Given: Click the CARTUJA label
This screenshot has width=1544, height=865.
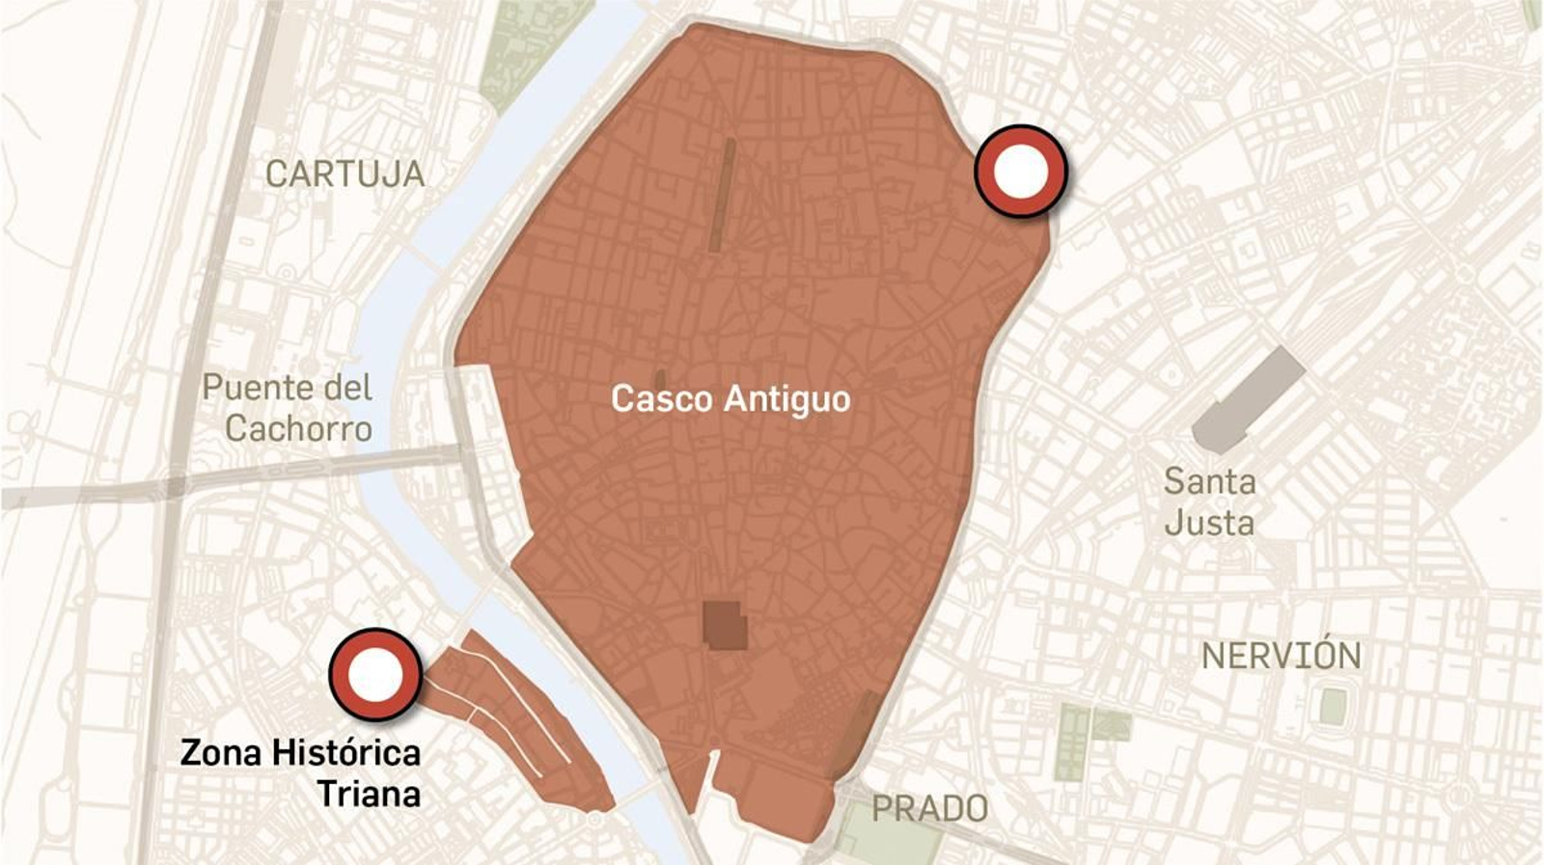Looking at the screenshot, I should (345, 175).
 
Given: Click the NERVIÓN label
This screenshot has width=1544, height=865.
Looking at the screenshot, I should (1281, 657).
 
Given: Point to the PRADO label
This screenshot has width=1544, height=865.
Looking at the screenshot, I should (929, 809).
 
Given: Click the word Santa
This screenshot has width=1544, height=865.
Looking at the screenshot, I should (1209, 481).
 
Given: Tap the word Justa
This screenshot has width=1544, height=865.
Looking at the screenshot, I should (1209, 524).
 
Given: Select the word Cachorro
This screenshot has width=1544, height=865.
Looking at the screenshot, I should (298, 429).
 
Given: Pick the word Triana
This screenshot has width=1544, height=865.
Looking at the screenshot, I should (369, 795).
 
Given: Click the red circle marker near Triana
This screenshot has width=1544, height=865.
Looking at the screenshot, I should (374, 675).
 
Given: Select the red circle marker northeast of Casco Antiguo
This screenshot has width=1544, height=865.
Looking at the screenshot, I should (1021, 171).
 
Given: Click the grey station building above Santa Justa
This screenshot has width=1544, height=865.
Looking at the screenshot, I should (1247, 400).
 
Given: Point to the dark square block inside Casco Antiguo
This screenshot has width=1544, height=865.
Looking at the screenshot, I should (724, 625).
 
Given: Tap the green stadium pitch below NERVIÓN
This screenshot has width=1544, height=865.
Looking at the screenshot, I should (1333, 707).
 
